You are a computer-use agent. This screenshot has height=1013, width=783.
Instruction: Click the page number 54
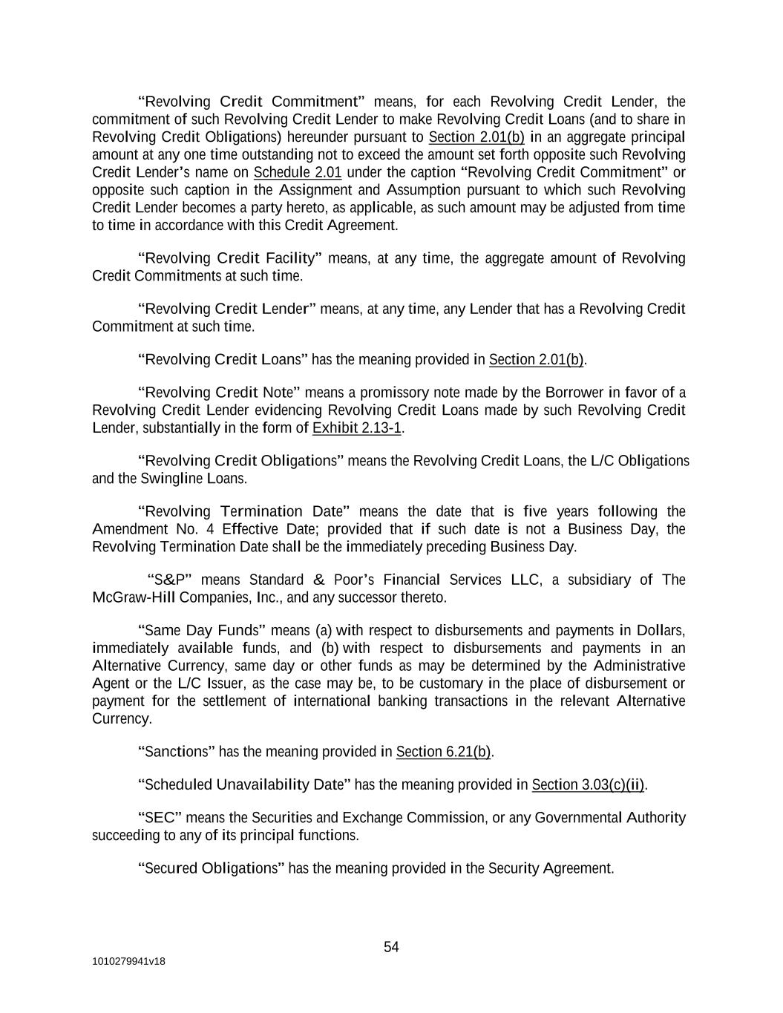[391, 947]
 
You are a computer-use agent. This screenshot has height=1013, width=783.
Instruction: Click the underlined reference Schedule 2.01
[298, 173]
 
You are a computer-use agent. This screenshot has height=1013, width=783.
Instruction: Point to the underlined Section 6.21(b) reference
[443, 752]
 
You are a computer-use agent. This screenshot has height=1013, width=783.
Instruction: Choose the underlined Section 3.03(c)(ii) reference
[588, 785]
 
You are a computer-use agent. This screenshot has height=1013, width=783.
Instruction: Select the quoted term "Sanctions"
[176, 752]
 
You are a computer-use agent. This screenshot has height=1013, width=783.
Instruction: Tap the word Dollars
[660, 631]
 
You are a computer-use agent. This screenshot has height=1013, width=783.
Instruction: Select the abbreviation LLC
[525, 580]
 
